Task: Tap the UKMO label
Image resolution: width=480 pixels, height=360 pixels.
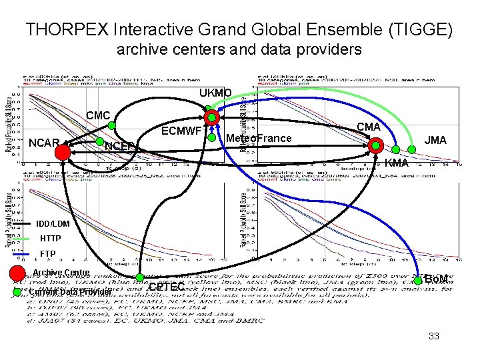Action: click(215, 93)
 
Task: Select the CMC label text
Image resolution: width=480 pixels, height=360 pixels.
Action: click(98, 116)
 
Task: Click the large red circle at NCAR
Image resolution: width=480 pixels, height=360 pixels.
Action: click(63, 153)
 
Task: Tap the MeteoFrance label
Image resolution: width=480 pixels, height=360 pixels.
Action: click(259, 139)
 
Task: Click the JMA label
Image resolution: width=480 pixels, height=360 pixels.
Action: click(436, 140)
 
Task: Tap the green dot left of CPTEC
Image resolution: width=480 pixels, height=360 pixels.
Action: click(141, 278)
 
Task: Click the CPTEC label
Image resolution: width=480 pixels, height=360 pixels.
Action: click(166, 287)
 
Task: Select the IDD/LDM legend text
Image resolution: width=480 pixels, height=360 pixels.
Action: click(51, 223)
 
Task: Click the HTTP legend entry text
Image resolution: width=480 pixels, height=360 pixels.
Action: click(51, 239)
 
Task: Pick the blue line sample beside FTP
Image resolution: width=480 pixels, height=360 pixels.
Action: click(22, 254)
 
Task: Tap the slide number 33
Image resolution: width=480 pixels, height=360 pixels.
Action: click(434, 337)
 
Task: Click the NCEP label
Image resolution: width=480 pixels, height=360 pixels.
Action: click(119, 146)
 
